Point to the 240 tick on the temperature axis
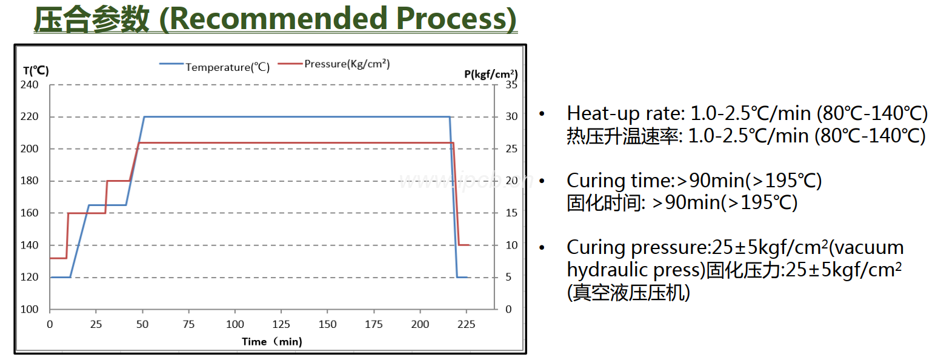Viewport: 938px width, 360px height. pyautogui.click(x=31, y=85)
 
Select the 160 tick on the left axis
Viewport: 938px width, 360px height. pyautogui.click(x=31, y=213)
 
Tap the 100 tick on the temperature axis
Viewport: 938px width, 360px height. pyautogui.click(x=31, y=310)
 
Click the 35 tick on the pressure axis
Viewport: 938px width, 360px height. pyautogui.click(x=511, y=85)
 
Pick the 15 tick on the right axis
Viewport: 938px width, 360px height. pyautogui.click(x=511, y=213)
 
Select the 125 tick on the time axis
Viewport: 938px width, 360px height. pyautogui.click(x=281, y=324)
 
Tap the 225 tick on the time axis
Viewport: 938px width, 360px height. pyautogui.click(x=466, y=324)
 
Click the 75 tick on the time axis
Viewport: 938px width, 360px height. pyautogui.click(x=188, y=324)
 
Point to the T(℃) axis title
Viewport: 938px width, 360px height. pyautogui.click(x=36, y=70)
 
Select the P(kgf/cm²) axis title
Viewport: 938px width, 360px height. pyautogui.click(x=491, y=74)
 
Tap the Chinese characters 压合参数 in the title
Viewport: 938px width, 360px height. pyautogui.click(x=91, y=19)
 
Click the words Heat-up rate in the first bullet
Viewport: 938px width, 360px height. pyautogui.click(x=617, y=113)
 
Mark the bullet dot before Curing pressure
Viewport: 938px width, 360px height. pyautogui.click(x=542, y=248)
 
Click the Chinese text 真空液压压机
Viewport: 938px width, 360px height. pyautogui.click(x=631, y=293)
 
